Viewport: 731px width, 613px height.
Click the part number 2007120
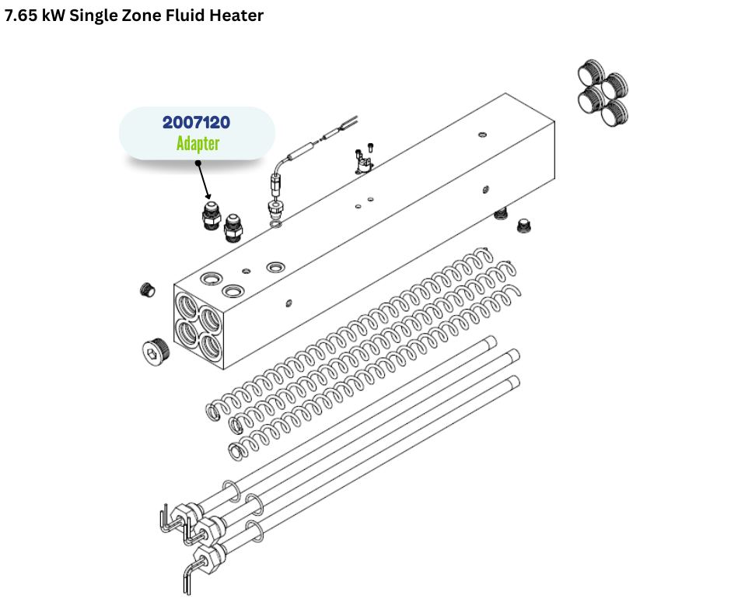tap(196, 122)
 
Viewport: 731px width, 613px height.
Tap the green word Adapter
tap(198, 143)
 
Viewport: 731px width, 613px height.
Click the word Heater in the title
tap(236, 16)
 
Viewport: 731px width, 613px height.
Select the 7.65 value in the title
tap(21, 16)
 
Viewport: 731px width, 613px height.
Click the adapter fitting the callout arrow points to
tap(212, 215)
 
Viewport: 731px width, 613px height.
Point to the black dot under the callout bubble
tap(198, 163)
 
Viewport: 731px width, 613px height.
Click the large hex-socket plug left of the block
tap(156, 349)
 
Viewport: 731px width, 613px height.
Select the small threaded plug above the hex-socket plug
tap(147, 289)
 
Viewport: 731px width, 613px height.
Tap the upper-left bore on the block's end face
tap(187, 306)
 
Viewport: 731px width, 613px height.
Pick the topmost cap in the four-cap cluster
tap(591, 72)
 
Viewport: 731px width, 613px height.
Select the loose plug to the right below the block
tap(524, 226)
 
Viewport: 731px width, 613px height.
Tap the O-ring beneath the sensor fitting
tap(275, 225)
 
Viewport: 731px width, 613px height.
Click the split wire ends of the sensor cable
tap(348, 122)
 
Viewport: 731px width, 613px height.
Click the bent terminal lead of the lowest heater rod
tap(187, 579)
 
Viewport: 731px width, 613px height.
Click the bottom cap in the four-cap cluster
tap(614, 114)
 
